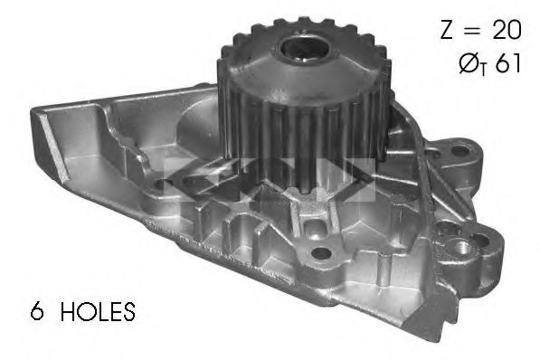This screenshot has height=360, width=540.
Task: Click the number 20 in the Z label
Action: (507, 29)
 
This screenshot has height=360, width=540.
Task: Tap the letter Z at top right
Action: (447, 29)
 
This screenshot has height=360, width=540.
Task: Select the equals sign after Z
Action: (472, 30)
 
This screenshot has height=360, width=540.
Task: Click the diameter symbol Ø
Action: (469, 63)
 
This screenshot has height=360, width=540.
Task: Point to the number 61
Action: (508, 63)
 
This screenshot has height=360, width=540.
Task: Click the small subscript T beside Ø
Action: (484, 71)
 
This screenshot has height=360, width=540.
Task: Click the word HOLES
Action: (98, 311)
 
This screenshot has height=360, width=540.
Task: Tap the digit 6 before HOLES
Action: (37, 311)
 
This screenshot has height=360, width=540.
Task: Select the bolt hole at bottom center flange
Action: (321, 254)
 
